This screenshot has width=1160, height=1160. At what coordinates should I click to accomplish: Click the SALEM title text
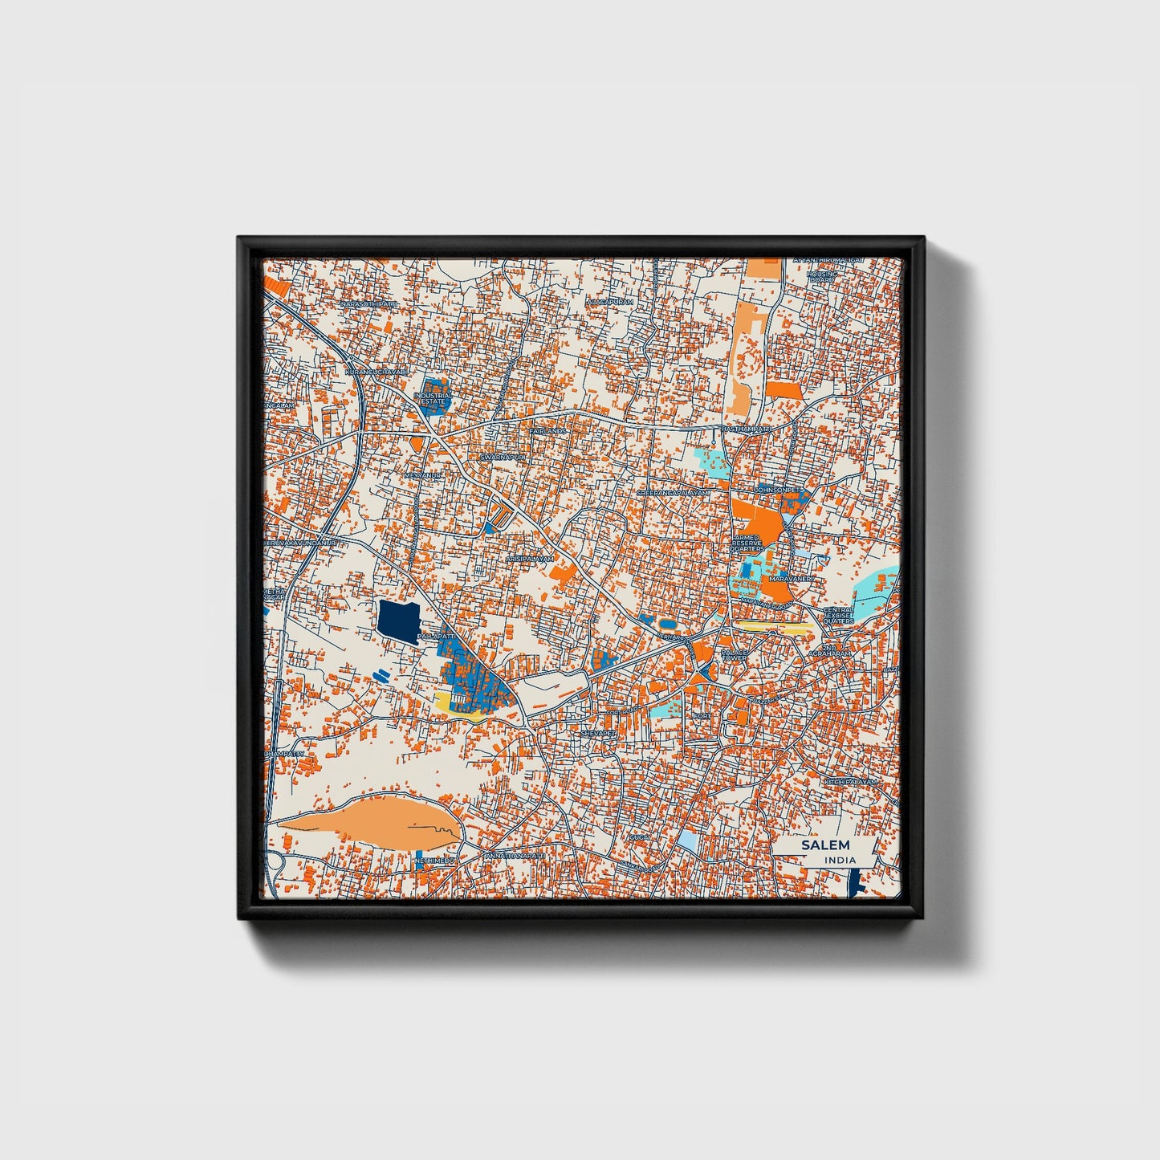click(x=824, y=845)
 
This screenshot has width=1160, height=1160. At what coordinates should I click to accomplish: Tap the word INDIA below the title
click(x=840, y=861)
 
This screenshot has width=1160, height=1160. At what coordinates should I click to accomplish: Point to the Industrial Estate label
click(x=434, y=398)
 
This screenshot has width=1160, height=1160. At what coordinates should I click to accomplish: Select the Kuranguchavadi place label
click(x=375, y=372)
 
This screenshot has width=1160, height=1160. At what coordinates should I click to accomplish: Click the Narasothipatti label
click(x=368, y=305)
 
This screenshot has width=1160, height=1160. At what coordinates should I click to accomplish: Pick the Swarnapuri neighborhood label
click(x=502, y=457)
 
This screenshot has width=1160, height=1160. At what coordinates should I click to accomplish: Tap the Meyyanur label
click(x=424, y=475)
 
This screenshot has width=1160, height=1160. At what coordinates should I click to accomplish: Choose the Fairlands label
click(x=547, y=431)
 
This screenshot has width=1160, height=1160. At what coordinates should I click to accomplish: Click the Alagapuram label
click(x=610, y=302)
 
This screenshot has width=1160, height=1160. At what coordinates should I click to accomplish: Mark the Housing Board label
click(x=821, y=276)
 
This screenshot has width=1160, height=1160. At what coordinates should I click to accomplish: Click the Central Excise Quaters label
click(x=838, y=616)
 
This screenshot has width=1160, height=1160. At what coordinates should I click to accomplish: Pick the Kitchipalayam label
click(x=852, y=781)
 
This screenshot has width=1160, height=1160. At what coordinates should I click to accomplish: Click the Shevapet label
click(x=598, y=733)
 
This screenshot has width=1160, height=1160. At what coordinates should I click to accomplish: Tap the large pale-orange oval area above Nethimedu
click(x=369, y=819)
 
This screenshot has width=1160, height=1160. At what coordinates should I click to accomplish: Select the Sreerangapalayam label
click(x=674, y=493)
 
